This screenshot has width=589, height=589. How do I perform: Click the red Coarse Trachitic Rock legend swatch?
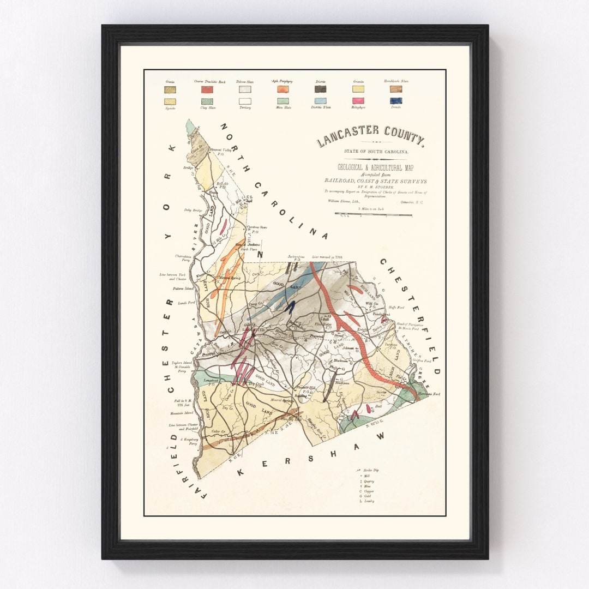click(207, 89)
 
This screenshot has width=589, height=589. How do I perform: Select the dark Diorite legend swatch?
click(320, 89)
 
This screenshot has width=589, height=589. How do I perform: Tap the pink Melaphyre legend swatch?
click(358, 101)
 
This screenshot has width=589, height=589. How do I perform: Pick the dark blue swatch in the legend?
click(396, 101)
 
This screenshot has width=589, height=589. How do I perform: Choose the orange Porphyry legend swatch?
click(283, 89)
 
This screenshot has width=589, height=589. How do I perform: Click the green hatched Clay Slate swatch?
click(207, 101)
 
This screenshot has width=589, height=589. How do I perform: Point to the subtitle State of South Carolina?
click(370, 151)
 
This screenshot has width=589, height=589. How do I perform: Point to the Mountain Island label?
click(181, 413)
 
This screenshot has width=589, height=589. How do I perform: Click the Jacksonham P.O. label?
click(294, 255)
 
